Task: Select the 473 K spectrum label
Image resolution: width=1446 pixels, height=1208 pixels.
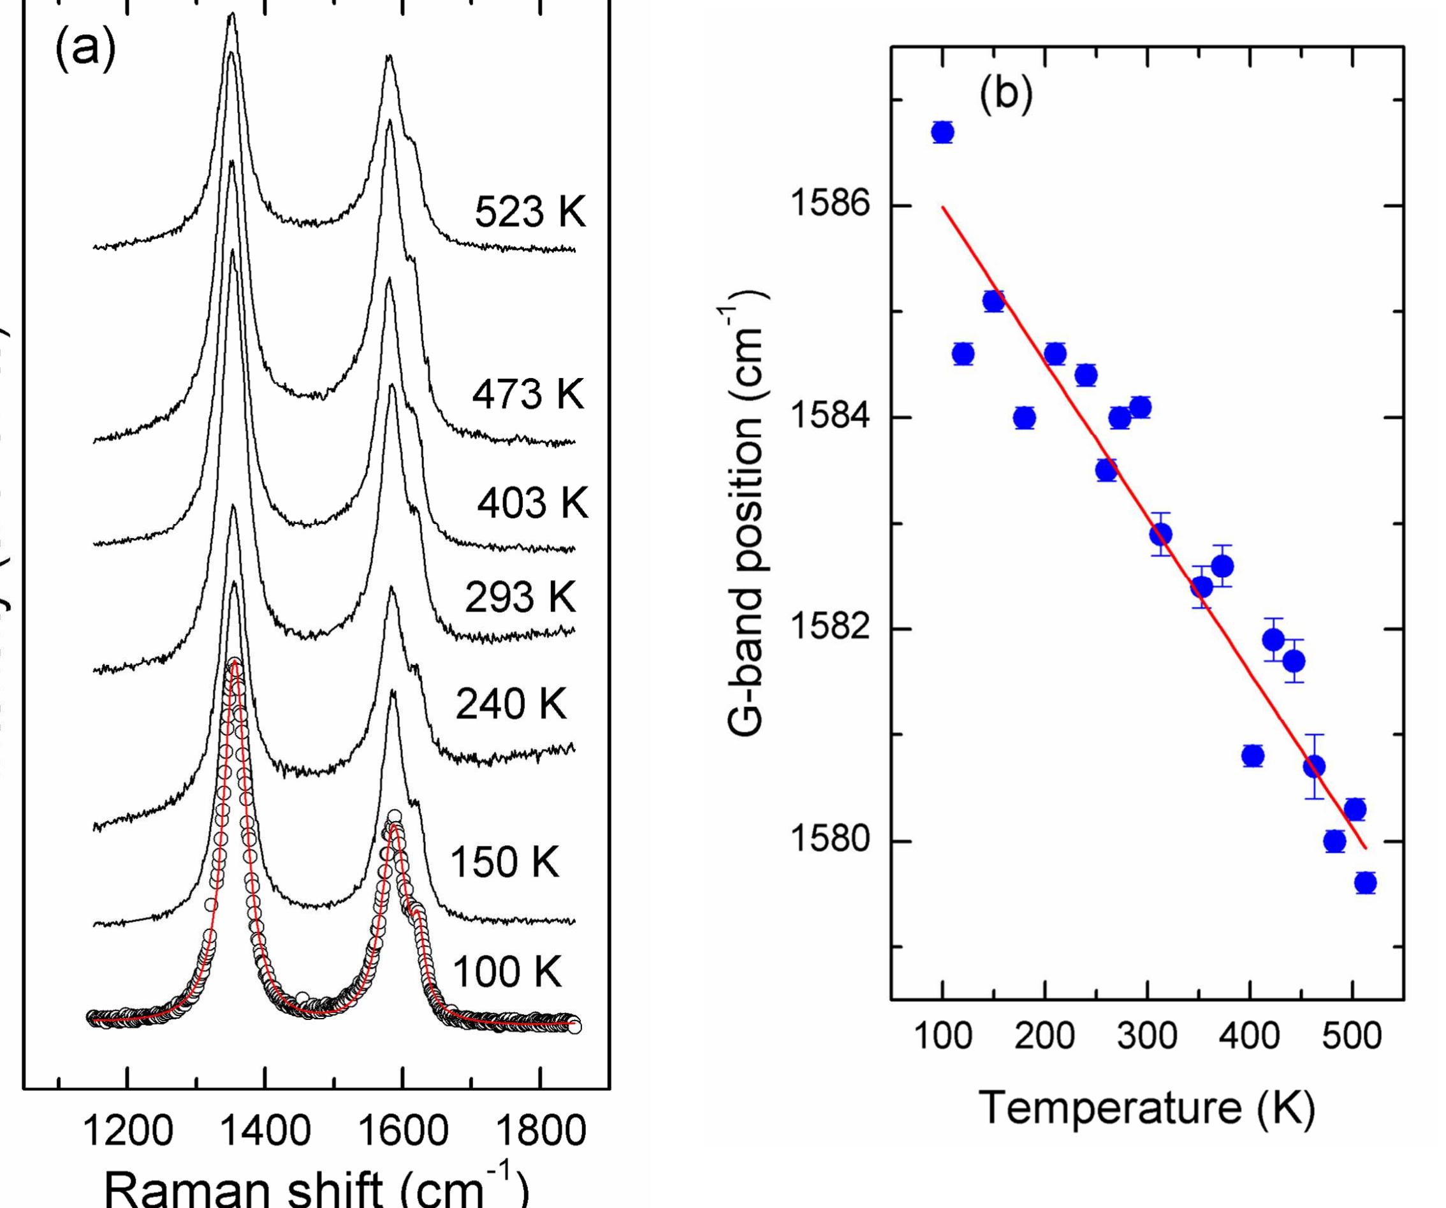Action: [527, 395]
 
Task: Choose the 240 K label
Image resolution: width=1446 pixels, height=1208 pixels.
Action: [510, 704]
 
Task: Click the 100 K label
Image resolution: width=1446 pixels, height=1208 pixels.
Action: [506, 971]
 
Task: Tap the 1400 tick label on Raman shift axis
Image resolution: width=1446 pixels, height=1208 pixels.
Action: [265, 1131]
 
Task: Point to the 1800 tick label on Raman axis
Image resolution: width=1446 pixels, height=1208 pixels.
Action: [541, 1131]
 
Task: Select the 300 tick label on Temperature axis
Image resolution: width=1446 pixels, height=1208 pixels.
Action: [1146, 1035]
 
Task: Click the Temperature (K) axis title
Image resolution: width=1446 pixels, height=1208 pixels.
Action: [1146, 1108]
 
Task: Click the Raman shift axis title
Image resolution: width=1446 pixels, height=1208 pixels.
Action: [317, 1188]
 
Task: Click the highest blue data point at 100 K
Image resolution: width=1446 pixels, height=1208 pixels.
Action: [943, 131]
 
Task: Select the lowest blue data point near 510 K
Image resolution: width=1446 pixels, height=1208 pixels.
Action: [1366, 882]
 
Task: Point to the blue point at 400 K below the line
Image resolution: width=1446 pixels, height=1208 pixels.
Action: [1253, 756]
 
